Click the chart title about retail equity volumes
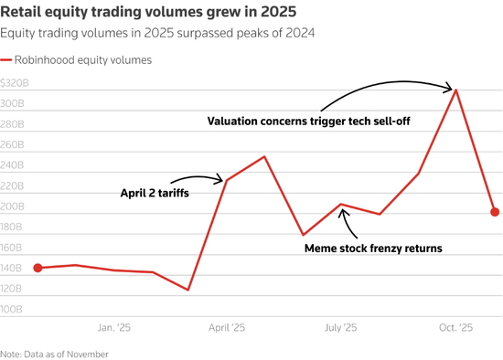pyautogui.click(x=155, y=13)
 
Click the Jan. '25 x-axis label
pyautogui.click(x=113, y=326)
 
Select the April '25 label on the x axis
pyautogui.click(x=227, y=326)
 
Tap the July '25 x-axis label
pyautogui.click(x=341, y=326)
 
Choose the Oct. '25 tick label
pyautogui.click(x=455, y=326)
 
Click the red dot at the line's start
pyautogui.click(x=37, y=268)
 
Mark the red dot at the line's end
pyautogui.click(x=495, y=212)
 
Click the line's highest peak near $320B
pyautogui.click(x=456, y=90)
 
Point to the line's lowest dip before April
pyautogui.click(x=188, y=290)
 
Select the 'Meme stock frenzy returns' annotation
pyautogui.click(x=374, y=248)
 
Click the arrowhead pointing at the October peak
pyautogui.click(x=451, y=89)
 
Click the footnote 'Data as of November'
pyautogui.click(x=55, y=353)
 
